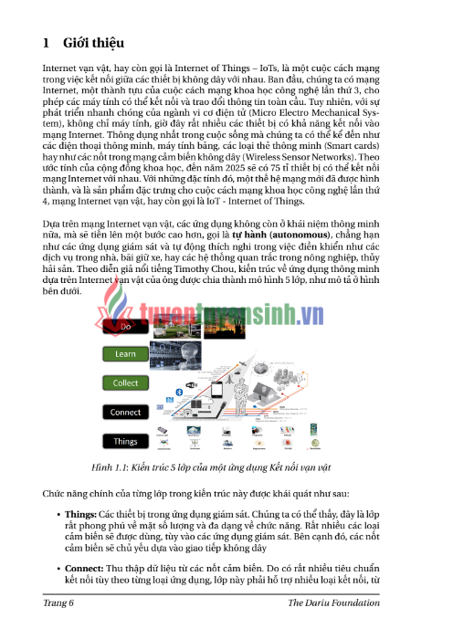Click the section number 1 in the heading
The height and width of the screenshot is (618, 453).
[x=47, y=42]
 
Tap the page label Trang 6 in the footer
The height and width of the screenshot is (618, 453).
[x=58, y=603]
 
